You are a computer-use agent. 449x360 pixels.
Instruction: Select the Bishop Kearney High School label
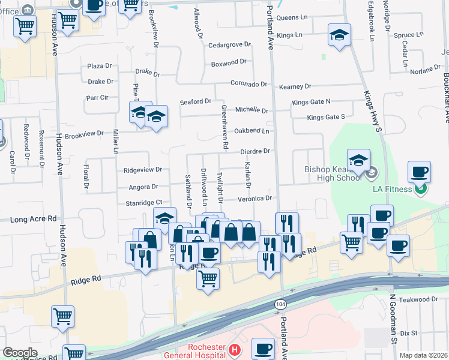click(x=333, y=173)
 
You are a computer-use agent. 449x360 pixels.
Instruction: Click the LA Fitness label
click(x=392, y=189)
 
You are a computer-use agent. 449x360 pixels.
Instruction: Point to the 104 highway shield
click(x=280, y=304)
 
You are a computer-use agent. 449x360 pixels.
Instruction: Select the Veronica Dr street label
click(x=255, y=198)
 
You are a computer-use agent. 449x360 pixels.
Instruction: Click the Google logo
click(x=20, y=353)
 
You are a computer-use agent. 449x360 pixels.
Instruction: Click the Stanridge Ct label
click(x=144, y=203)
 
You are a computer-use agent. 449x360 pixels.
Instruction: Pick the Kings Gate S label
click(x=327, y=117)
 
